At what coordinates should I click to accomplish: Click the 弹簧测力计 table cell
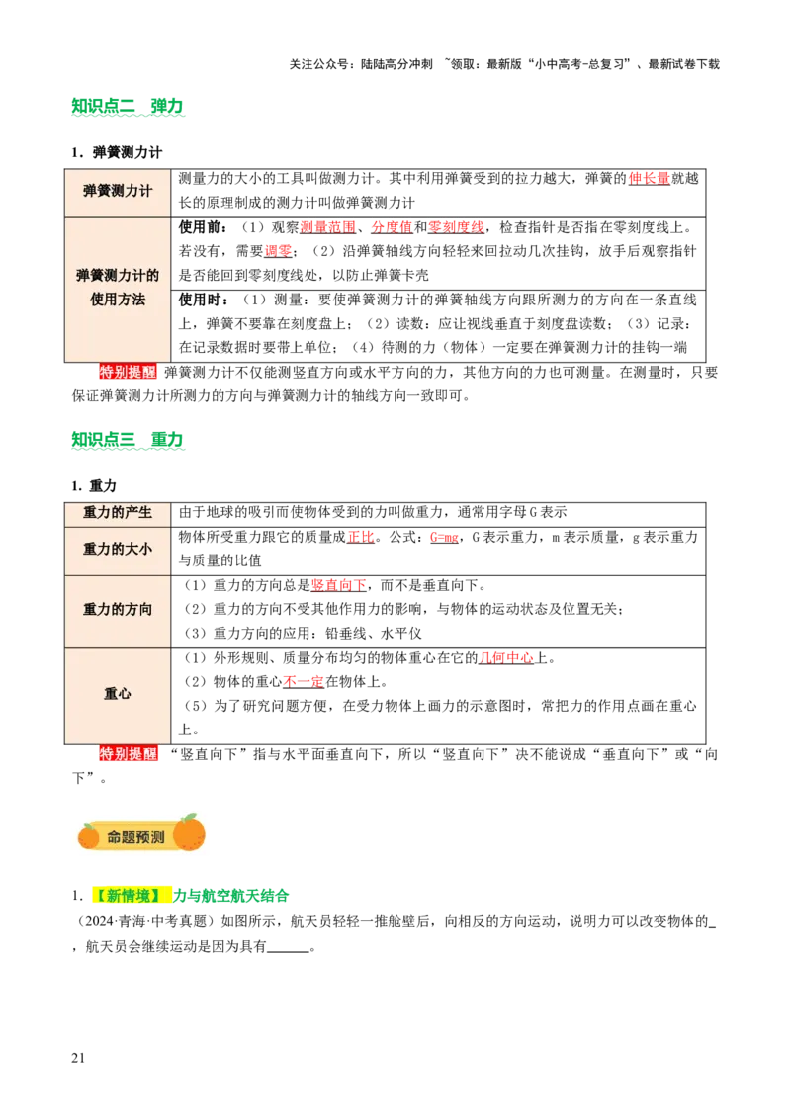[x=118, y=191]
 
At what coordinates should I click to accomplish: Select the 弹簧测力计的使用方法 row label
[x=118, y=287]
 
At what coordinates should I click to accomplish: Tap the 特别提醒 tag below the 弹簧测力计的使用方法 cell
[x=128, y=372]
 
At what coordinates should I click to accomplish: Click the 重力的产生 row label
[x=118, y=513]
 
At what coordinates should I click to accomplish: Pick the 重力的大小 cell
[x=118, y=549]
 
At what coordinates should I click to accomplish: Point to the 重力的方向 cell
[x=118, y=610]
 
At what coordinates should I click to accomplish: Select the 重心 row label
[x=118, y=694]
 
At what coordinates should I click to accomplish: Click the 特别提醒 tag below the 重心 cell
[x=129, y=754]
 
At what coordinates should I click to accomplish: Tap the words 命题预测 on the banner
[x=135, y=837]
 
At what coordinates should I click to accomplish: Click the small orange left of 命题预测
[x=89, y=837]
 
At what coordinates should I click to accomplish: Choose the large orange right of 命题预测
[x=189, y=833]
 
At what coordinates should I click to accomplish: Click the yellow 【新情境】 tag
[x=129, y=896]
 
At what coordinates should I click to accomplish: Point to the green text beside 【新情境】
[x=232, y=897]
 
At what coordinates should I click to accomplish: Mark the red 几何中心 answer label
[x=507, y=656]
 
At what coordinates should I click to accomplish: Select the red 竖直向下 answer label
[x=338, y=584]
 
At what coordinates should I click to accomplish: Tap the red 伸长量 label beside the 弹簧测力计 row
[x=649, y=178]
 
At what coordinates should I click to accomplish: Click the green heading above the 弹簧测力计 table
[x=130, y=107]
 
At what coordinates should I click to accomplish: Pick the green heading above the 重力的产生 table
[x=130, y=439]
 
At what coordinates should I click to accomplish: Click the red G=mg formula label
[x=443, y=537]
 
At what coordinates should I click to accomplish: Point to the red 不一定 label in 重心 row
[x=303, y=680]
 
